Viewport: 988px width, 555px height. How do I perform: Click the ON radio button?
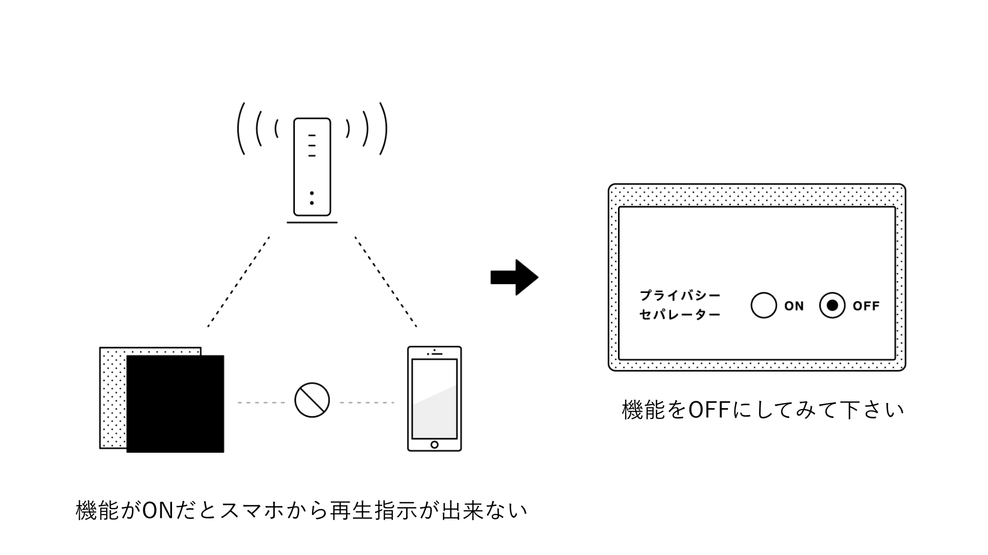763,305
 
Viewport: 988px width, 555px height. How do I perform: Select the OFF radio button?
832,305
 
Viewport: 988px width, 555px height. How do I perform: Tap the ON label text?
794,306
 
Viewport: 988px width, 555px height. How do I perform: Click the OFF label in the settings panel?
866,306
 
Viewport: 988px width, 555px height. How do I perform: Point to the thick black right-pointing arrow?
514,277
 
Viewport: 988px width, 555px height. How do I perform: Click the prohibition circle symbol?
312,400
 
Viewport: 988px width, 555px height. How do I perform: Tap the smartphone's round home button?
434,444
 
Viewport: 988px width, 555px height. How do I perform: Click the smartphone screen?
434,399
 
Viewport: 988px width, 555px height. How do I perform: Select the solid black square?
175,404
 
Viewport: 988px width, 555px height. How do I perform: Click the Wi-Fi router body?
312,166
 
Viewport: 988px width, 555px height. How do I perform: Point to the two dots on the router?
312,198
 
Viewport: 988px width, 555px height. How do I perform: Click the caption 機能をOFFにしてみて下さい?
763,410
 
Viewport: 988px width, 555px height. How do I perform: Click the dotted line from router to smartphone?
386,282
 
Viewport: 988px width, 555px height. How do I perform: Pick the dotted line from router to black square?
238,282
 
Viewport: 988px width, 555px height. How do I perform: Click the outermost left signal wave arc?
240,128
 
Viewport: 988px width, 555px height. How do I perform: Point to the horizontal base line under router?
312,223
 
